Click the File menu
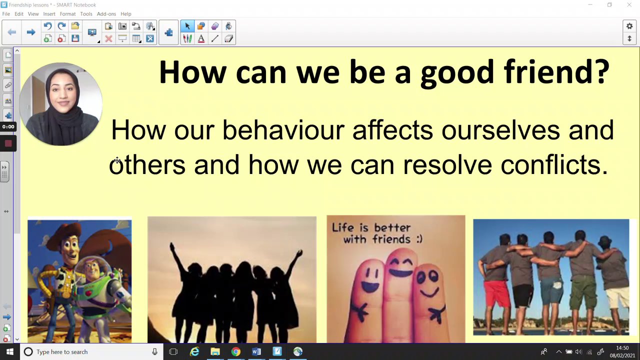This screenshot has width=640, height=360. point(6,13)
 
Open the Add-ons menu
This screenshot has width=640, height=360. point(106,13)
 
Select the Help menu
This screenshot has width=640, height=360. point(125,13)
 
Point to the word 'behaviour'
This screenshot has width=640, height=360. point(283,130)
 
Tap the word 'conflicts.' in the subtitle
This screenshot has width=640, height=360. point(554,164)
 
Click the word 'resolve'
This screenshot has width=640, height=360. point(447,165)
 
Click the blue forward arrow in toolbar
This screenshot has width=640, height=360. point(31,32)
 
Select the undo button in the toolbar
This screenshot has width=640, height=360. point(47,26)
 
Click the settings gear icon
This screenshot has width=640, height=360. point(629,26)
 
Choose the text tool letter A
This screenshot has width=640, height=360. point(201,38)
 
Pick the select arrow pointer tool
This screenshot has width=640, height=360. point(187,26)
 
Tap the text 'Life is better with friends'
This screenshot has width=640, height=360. point(376,233)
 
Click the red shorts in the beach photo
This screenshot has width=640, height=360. point(496,293)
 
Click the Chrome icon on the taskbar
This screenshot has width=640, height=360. point(235,351)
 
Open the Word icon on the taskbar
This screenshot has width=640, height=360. point(256,351)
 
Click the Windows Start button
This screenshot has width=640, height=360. point(9,351)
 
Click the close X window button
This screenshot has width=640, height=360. point(629,5)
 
